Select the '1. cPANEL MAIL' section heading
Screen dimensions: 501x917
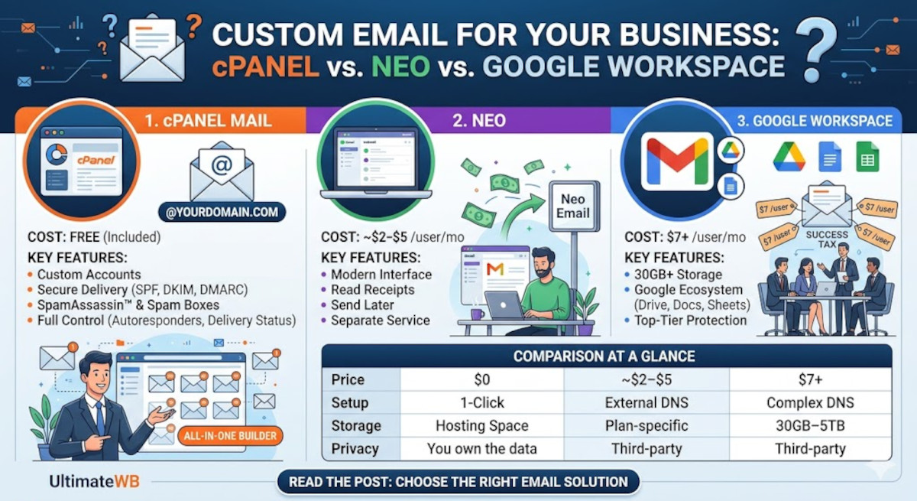tap(206, 120)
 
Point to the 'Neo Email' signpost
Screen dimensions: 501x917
tap(572, 206)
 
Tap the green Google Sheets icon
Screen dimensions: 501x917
tap(867, 157)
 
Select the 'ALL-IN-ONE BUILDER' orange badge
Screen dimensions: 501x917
tap(232, 437)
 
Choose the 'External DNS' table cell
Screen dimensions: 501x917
tap(646, 403)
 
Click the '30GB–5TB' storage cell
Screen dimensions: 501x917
tap(810, 426)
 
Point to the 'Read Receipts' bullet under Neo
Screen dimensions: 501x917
tap(372, 290)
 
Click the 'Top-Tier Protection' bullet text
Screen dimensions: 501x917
tap(690, 320)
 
